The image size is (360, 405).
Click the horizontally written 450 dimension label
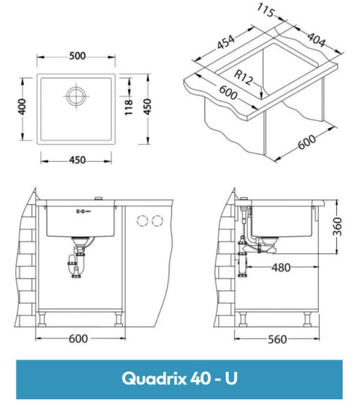[79, 160]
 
